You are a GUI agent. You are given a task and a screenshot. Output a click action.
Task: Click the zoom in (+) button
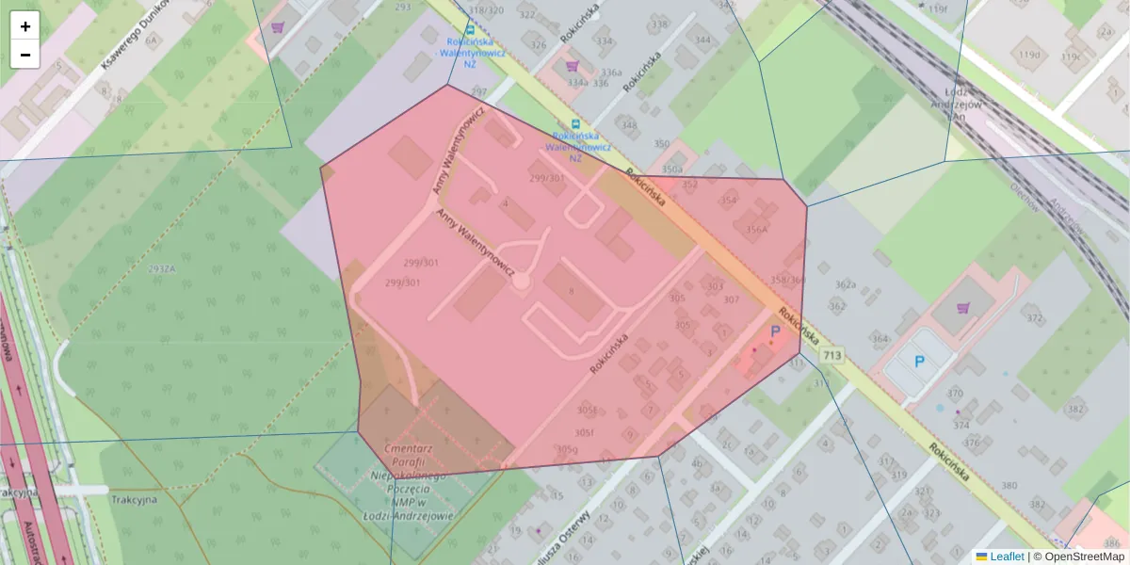(x=25, y=26)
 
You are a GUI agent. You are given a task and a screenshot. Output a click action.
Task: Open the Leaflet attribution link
(x=1006, y=557)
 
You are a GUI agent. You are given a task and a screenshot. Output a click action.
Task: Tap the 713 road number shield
(x=831, y=355)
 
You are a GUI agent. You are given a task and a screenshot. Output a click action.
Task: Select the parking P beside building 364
(x=919, y=361)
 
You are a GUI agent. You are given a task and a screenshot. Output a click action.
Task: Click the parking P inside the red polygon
(x=775, y=331)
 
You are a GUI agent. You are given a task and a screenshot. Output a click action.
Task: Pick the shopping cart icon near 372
(x=962, y=307)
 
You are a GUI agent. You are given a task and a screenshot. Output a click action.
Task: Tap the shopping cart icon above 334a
(x=572, y=66)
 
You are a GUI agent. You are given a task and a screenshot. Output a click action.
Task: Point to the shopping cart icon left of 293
(x=277, y=27)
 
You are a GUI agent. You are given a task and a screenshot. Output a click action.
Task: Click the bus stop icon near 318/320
(x=470, y=30)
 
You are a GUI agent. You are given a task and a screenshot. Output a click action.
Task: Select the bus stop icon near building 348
(x=575, y=124)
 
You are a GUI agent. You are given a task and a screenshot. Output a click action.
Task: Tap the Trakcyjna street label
(x=133, y=499)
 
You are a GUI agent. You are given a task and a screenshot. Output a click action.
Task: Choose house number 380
(x=1009, y=485)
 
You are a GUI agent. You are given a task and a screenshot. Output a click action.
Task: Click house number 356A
(x=757, y=228)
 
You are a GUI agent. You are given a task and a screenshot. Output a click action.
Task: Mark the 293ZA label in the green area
(x=161, y=268)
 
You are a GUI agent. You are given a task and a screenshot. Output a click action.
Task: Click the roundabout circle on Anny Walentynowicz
(x=521, y=281)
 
